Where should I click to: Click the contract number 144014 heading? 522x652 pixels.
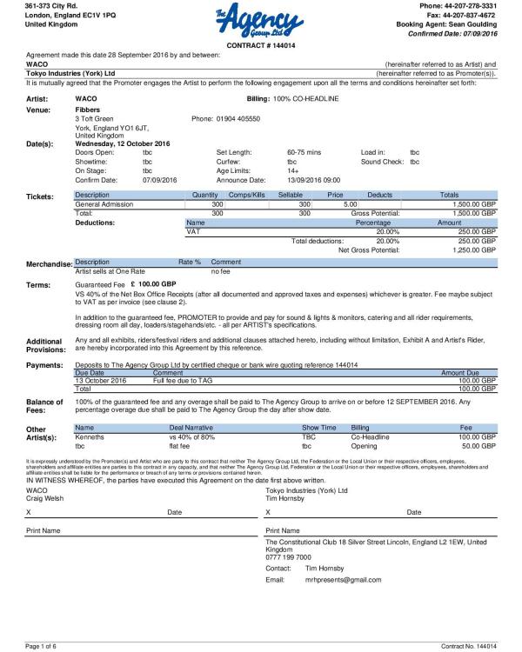[260, 44]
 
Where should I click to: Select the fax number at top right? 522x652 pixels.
[458, 15]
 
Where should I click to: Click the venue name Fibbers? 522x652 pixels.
[88, 110]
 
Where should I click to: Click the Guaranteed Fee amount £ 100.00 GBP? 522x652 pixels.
[152, 283]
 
